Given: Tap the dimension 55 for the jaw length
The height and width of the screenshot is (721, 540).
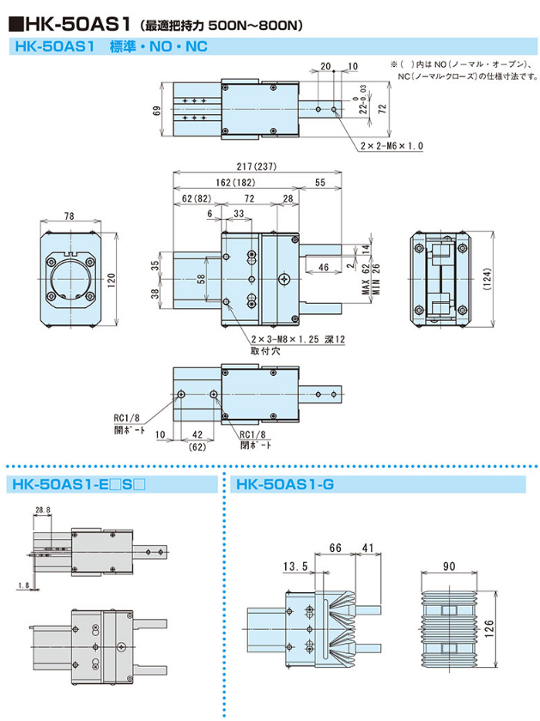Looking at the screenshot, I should pos(319,183).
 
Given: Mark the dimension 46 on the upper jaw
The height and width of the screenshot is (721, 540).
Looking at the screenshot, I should pos(323,269).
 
